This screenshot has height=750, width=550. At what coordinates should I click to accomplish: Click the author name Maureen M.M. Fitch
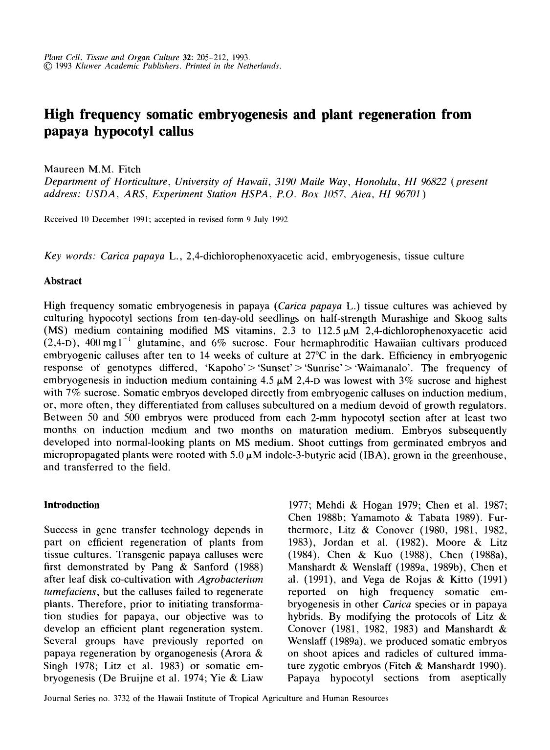point(92,169)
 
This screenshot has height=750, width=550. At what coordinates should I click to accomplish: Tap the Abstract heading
point(63,281)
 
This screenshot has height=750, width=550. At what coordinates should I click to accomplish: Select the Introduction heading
point(71,505)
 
